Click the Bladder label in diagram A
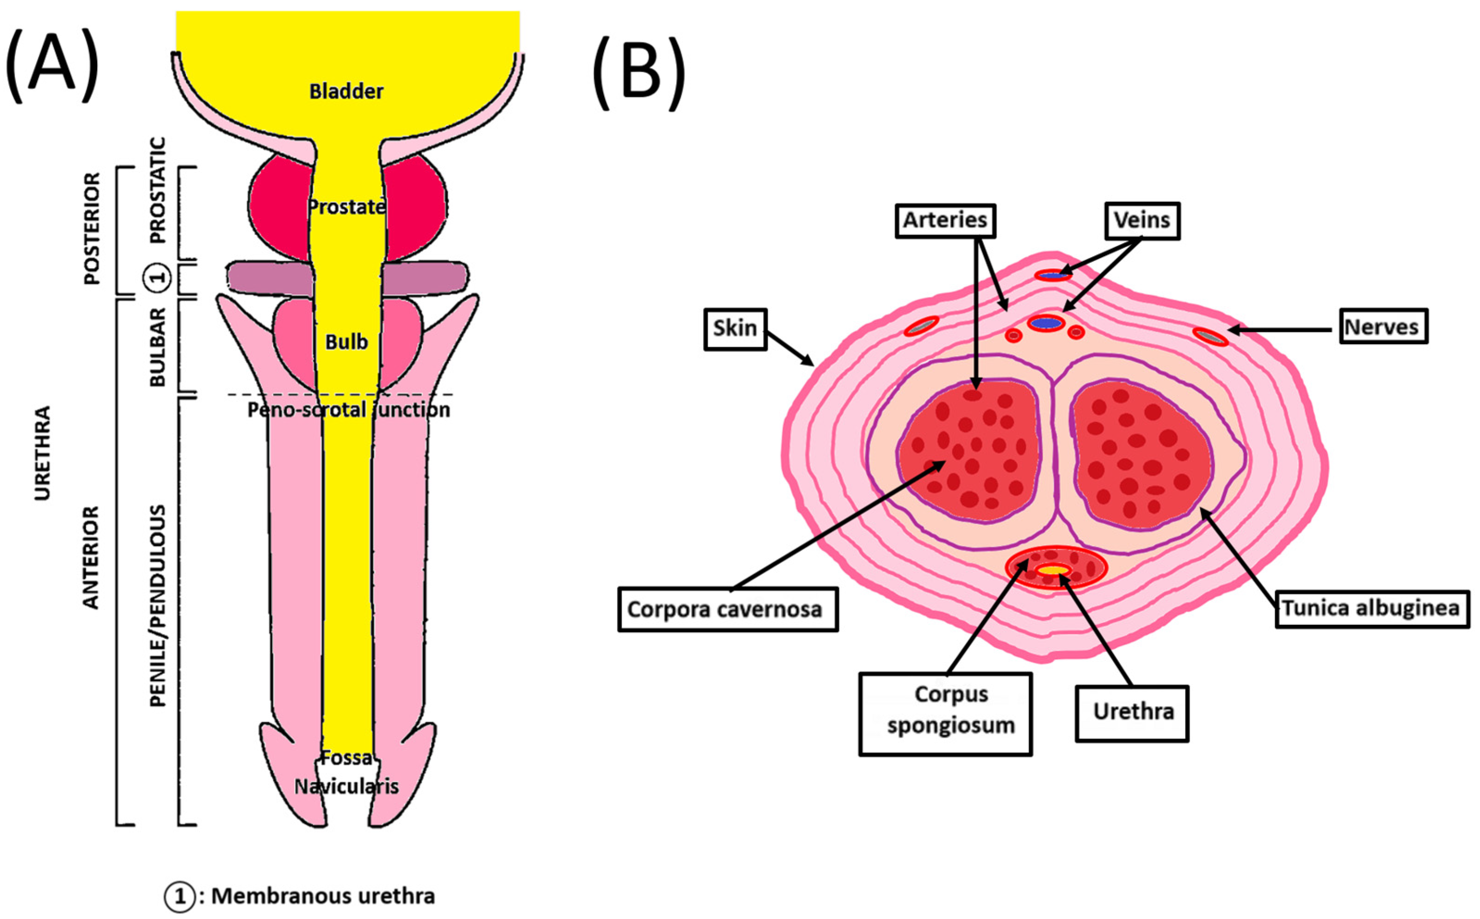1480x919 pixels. tap(346, 92)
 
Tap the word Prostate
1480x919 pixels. tap(346, 207)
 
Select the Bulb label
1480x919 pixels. tap(346, 342)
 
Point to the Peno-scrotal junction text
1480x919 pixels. tap(348, 410)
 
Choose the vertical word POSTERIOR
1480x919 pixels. tap(91, 228)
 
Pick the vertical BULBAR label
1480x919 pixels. tap(157, 346)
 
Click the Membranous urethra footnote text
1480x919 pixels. tap(323, 896)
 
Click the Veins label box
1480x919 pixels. tap(1141, 220)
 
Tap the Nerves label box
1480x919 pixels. tap(1383, 327)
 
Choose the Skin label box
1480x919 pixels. tap(735, 329)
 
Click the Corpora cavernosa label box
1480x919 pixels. tap(728, 609)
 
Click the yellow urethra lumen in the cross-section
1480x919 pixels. tap(1053, 570)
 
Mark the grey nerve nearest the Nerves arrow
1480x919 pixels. tap(1209, 336)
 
